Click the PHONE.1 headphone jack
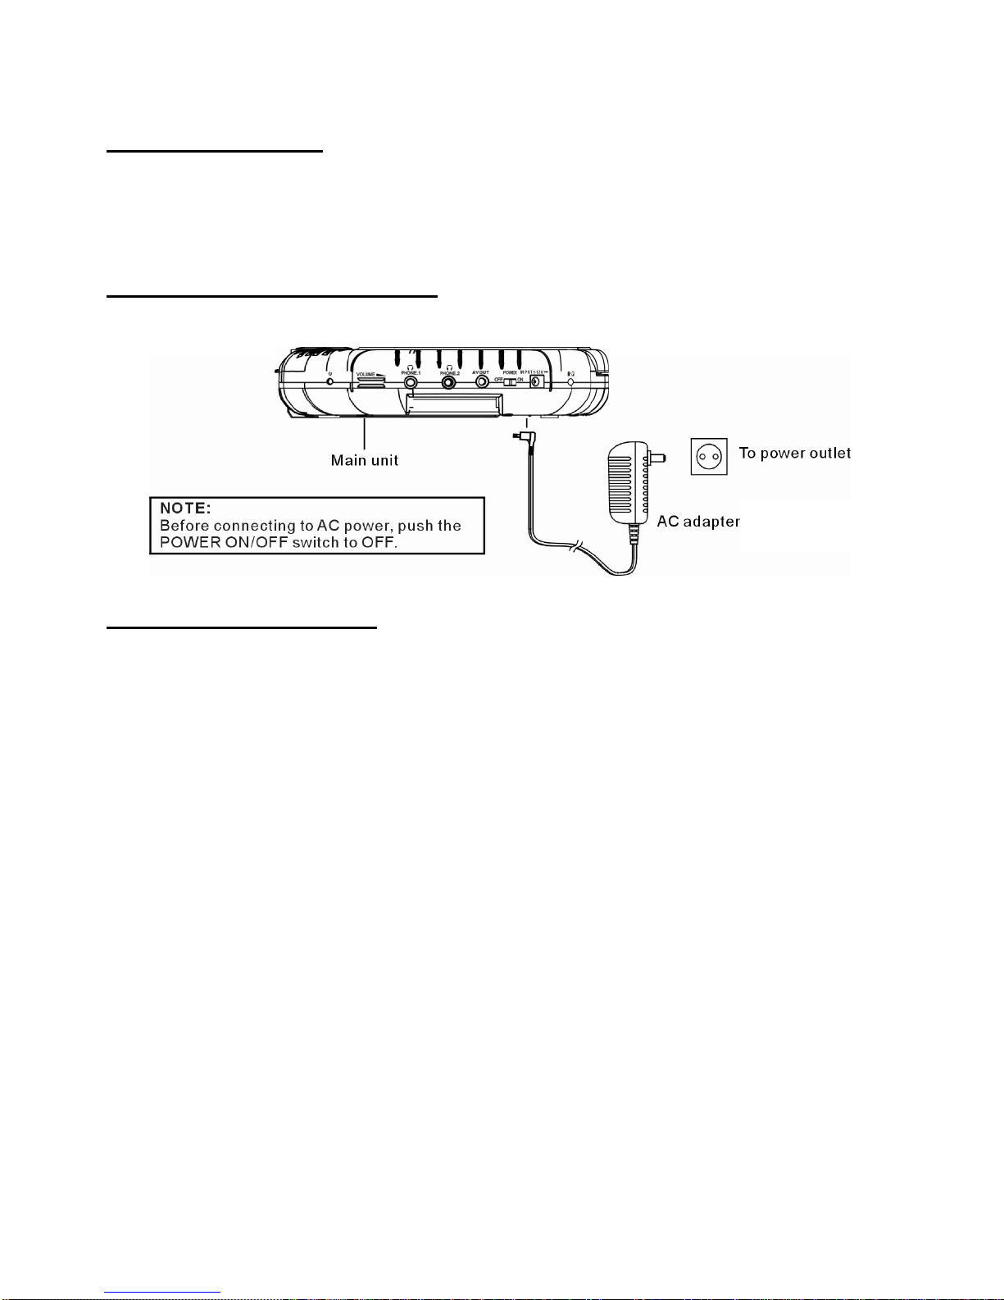411,382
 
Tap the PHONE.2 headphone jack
449,382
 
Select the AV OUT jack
482,382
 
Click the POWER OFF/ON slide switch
510,381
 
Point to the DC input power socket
538,381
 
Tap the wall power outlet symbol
709,455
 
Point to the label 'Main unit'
364,460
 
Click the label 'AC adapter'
698,522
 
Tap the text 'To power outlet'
794,453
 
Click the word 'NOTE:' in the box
185,509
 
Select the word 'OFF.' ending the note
379,542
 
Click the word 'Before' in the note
184,526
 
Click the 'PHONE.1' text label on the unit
411,373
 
